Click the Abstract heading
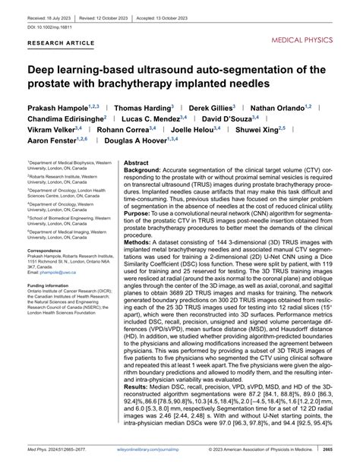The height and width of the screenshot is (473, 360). (137, 163)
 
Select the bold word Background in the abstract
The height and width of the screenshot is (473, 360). (143, 172)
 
